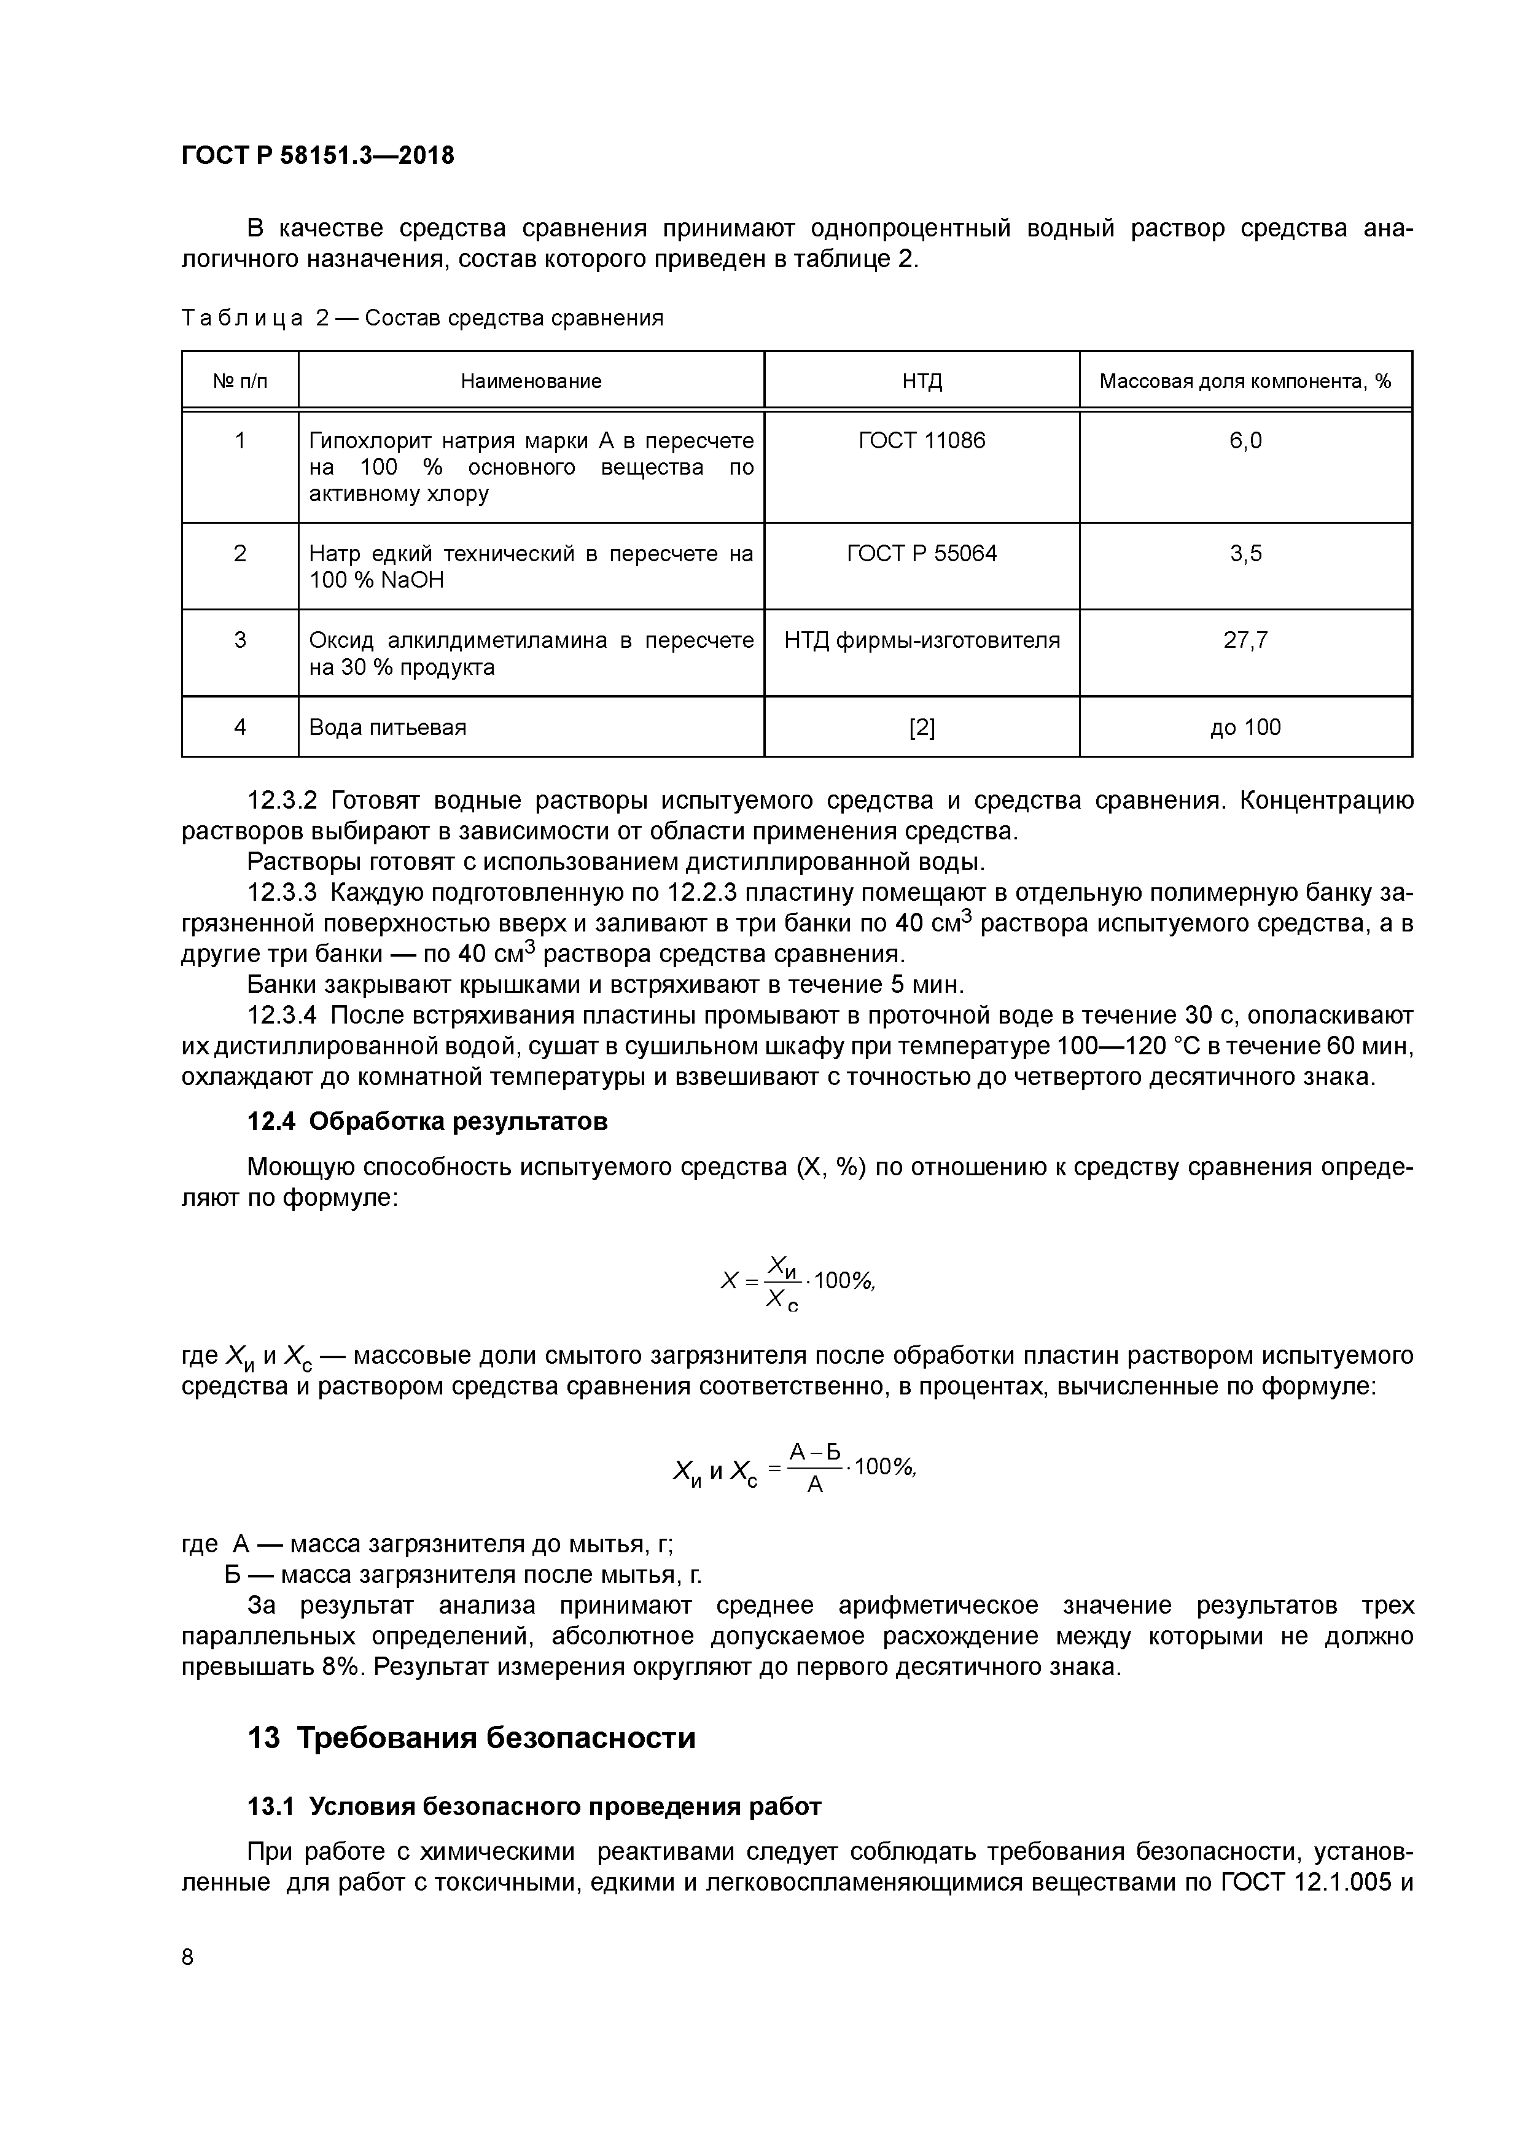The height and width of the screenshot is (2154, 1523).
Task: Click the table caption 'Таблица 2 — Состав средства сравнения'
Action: click(423, 318)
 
